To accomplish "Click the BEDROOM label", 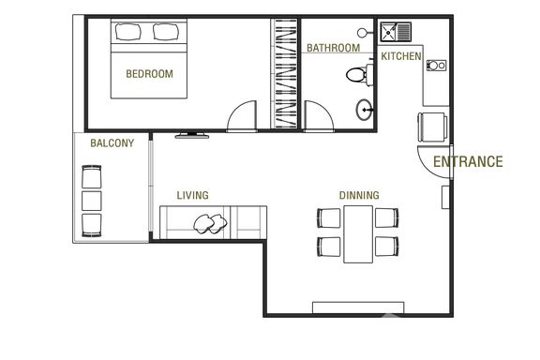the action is tap(149, 74).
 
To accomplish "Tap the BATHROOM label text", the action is tap(334, 48).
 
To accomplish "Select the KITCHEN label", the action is tap(401, 56).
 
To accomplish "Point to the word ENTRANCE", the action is tap(468, 161).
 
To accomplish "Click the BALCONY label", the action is tap(112, 142).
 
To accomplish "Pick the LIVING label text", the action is tap(192, 195).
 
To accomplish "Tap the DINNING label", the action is tap(359, 195).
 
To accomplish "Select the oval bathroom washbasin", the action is tap(364, 110).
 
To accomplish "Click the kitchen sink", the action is tap(396, 32).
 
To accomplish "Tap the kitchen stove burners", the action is tap(436, 65).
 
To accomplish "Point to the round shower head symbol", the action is tap(362, 33).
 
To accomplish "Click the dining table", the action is tap(358, 234).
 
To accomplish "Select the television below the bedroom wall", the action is tap(192, 135).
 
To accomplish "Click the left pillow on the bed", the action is tap(128, 32).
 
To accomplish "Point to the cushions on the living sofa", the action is tap(210, 224).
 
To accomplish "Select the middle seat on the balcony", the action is tap(92, 201).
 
